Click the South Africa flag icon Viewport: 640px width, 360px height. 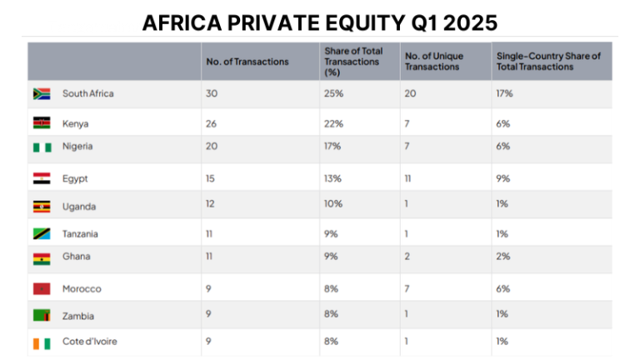(x=42, y=93)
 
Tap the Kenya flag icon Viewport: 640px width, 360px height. (x=42, y=123)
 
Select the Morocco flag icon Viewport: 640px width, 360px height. (x=42, y=288)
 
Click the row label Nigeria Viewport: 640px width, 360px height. (x=77, y=147)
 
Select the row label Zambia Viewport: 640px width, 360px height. (x=77, y=316)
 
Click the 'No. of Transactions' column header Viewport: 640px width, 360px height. (x=247, y=62)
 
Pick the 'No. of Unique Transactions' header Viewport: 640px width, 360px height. (x=434, y=62)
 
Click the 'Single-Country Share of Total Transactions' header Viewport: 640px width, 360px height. (x=547, y=62)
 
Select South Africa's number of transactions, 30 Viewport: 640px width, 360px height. (x=212, y=93)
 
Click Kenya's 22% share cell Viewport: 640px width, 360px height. (x=332, y=123)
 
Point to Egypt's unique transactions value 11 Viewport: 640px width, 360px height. (x=408, y=178)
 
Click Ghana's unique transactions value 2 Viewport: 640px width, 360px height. (x=407, y=257)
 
